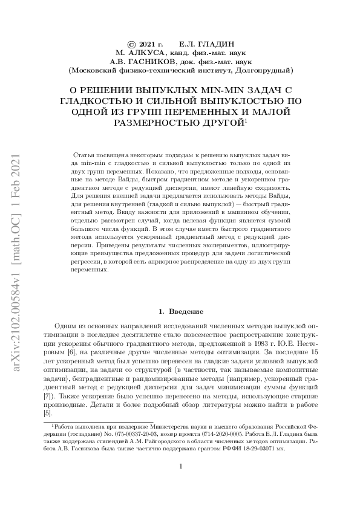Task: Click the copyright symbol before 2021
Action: (x=131, y=45)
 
